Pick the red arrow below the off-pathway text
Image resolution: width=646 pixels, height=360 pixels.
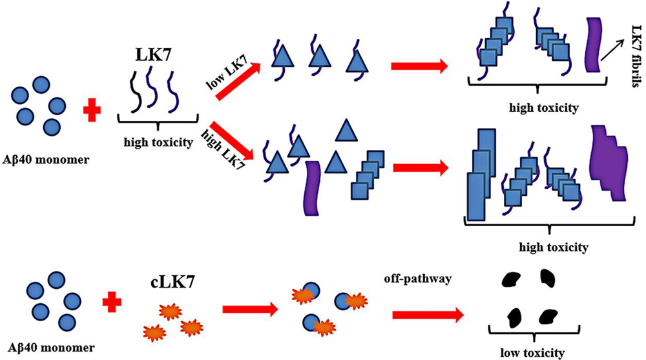pyautogui.click(x=427, y=315)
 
